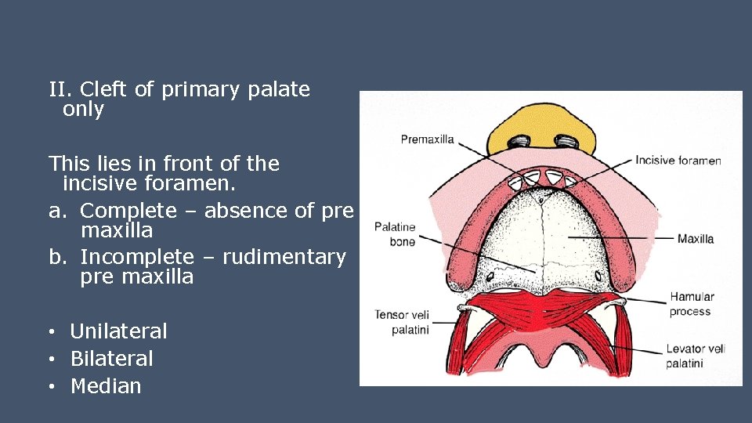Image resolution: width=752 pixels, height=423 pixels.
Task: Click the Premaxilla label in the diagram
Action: point(427,139)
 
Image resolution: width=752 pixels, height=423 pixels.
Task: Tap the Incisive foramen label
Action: point(678,161)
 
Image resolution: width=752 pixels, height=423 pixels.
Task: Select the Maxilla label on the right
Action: point(696,238)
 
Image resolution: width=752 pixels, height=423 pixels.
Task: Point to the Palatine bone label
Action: point(395,234)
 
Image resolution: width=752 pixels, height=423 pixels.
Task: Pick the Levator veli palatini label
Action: point(696,356)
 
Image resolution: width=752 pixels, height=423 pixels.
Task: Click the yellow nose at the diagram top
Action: point(540,130)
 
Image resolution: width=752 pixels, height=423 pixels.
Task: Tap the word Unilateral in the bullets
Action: point(118,331)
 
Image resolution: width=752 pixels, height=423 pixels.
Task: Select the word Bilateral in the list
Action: point(111,359)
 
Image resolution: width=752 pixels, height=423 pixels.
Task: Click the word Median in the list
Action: point(106,386)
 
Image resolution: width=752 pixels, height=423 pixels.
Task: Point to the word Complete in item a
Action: point(128,210)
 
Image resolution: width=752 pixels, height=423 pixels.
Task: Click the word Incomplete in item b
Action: point(136,257)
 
